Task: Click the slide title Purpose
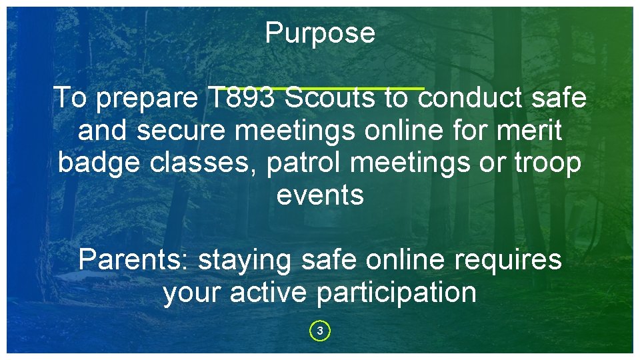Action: coord(320,33)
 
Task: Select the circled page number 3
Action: coord(320,331)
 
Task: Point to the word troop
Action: coord(548,163)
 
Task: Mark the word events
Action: coord(320,195)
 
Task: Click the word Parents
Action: coord(133,260)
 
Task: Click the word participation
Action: coord(397,293)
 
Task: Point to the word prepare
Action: coord(147,98)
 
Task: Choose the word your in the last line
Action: coord(193,293)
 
